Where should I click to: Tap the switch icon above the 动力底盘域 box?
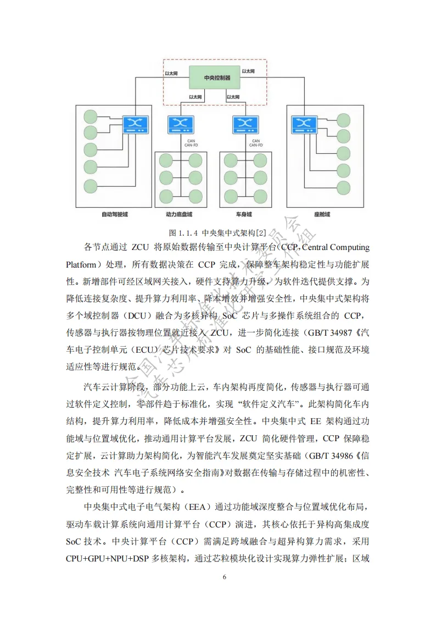[181, 125]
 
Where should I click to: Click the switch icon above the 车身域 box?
[245, 125]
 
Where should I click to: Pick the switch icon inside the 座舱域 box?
[303, 125]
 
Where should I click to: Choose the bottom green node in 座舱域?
[343, 185]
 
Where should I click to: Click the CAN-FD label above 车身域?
[255, 146]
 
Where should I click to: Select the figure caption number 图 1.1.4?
[185, 231]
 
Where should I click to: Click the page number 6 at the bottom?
[224, 577]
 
